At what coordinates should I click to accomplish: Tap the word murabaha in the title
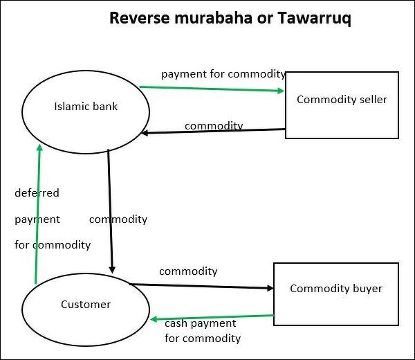[x=210, y=19]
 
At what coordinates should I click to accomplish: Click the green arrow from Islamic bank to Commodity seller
[x=207, y=89]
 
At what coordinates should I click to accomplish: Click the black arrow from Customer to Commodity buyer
[x=201, y=286]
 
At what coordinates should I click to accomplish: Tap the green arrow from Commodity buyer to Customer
[x=207, y=317]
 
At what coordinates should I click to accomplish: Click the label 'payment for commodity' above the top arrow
[x=223, y=73]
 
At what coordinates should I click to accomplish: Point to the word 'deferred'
[x=37, y=193]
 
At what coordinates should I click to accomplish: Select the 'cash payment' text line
[x=200, y=323]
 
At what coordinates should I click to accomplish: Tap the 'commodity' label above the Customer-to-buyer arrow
[x=188, y=271]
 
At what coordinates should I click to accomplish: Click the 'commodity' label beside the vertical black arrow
[x=118, y=219]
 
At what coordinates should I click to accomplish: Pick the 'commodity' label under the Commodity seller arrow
[x=214, y=125]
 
